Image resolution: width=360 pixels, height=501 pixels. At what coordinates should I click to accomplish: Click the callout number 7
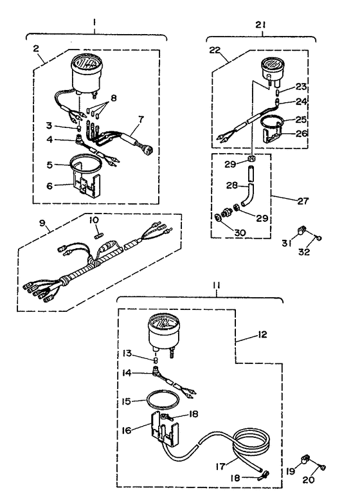point(141,120)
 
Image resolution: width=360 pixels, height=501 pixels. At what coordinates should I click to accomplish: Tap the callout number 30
point(240,233)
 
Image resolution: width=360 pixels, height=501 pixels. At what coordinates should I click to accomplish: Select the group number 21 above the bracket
point(260,25)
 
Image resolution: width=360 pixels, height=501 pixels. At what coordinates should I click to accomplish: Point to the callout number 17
point(221,466)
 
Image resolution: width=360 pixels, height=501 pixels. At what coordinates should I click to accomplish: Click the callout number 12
point(262,334)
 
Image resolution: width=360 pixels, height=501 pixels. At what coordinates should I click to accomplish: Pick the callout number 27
point(303,201)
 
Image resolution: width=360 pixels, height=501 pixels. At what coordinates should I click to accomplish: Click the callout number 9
point(42,223)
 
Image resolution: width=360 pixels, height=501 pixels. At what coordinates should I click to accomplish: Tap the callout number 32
point(304,251)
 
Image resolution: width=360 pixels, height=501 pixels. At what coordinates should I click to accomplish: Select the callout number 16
point(127,430)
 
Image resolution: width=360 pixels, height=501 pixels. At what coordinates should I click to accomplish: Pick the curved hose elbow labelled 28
point(249,195)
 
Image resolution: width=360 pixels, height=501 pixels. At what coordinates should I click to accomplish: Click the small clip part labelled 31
point(302,229)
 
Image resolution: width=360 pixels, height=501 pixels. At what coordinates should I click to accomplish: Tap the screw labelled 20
point(323,468)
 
